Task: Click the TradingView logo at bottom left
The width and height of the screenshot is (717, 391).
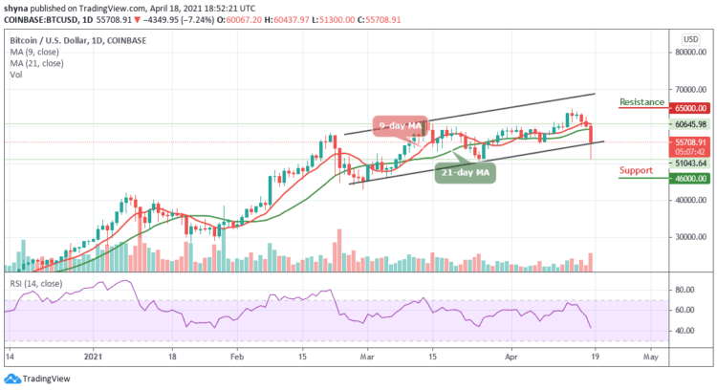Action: click(x=38, y=378)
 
